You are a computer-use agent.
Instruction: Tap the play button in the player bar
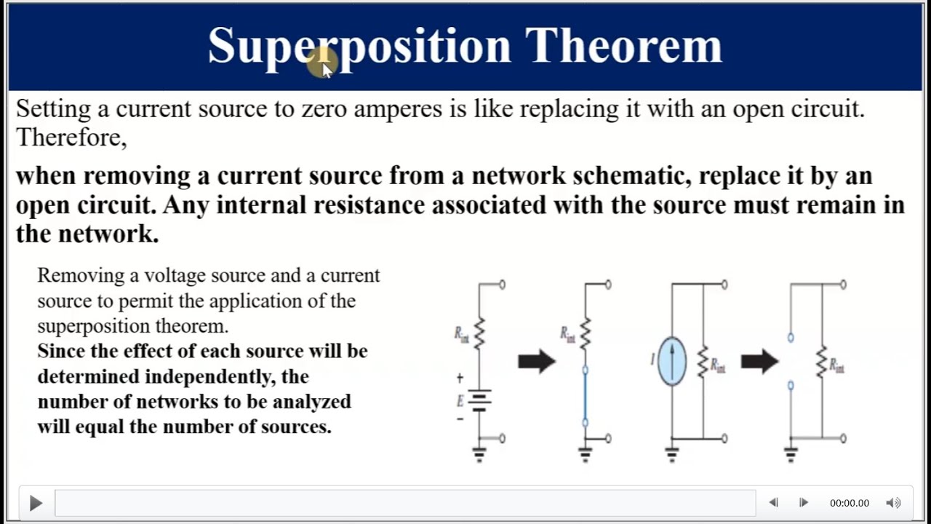point(35,503)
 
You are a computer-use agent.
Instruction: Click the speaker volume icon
point(893,503)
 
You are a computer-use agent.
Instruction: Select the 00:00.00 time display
point(849,503)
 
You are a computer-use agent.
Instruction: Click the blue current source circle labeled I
point(671,361)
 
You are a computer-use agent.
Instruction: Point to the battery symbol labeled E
point(479,400)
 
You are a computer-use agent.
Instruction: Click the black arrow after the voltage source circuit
point(537,361)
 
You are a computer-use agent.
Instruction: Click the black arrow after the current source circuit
point(759,361)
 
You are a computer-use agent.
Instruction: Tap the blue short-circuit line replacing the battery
point(585,396)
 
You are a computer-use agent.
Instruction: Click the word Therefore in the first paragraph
point(71,138)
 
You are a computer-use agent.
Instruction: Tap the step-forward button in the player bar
point(803,503)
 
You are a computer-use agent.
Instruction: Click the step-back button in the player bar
point(773,503)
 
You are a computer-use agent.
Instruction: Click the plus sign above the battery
point(460,378)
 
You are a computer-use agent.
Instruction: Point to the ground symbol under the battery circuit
point(479,455)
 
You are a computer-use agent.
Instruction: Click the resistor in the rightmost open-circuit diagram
point(822,362)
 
